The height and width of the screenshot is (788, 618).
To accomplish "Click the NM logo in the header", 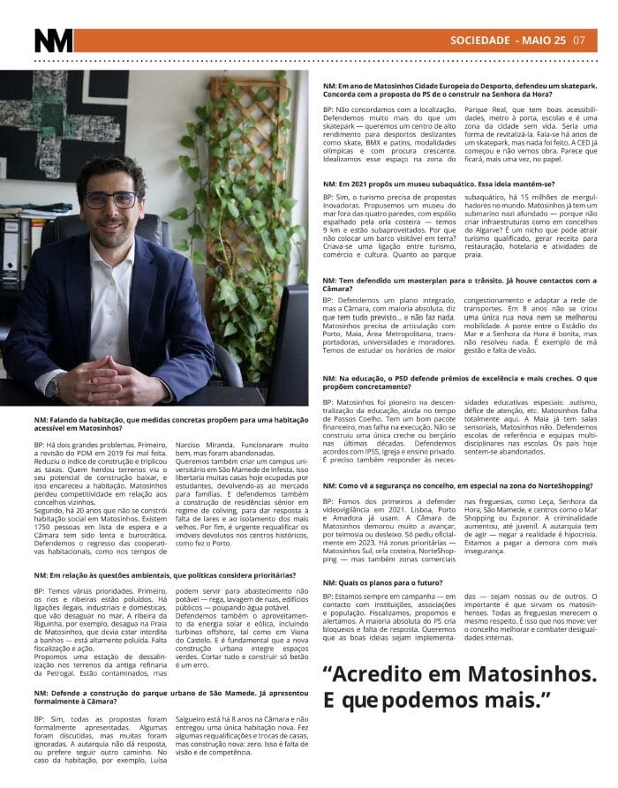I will click(x=53, y=41).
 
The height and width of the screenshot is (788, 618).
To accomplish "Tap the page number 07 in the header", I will click(x=579, y=40).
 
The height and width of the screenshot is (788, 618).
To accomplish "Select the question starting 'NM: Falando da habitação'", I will click(x=159, y=424).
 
